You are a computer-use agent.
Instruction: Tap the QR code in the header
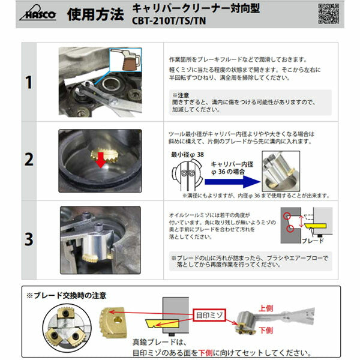pyautogui.click(x=328, y=13)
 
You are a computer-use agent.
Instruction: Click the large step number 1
pyautogui.click(x=28, y=82)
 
